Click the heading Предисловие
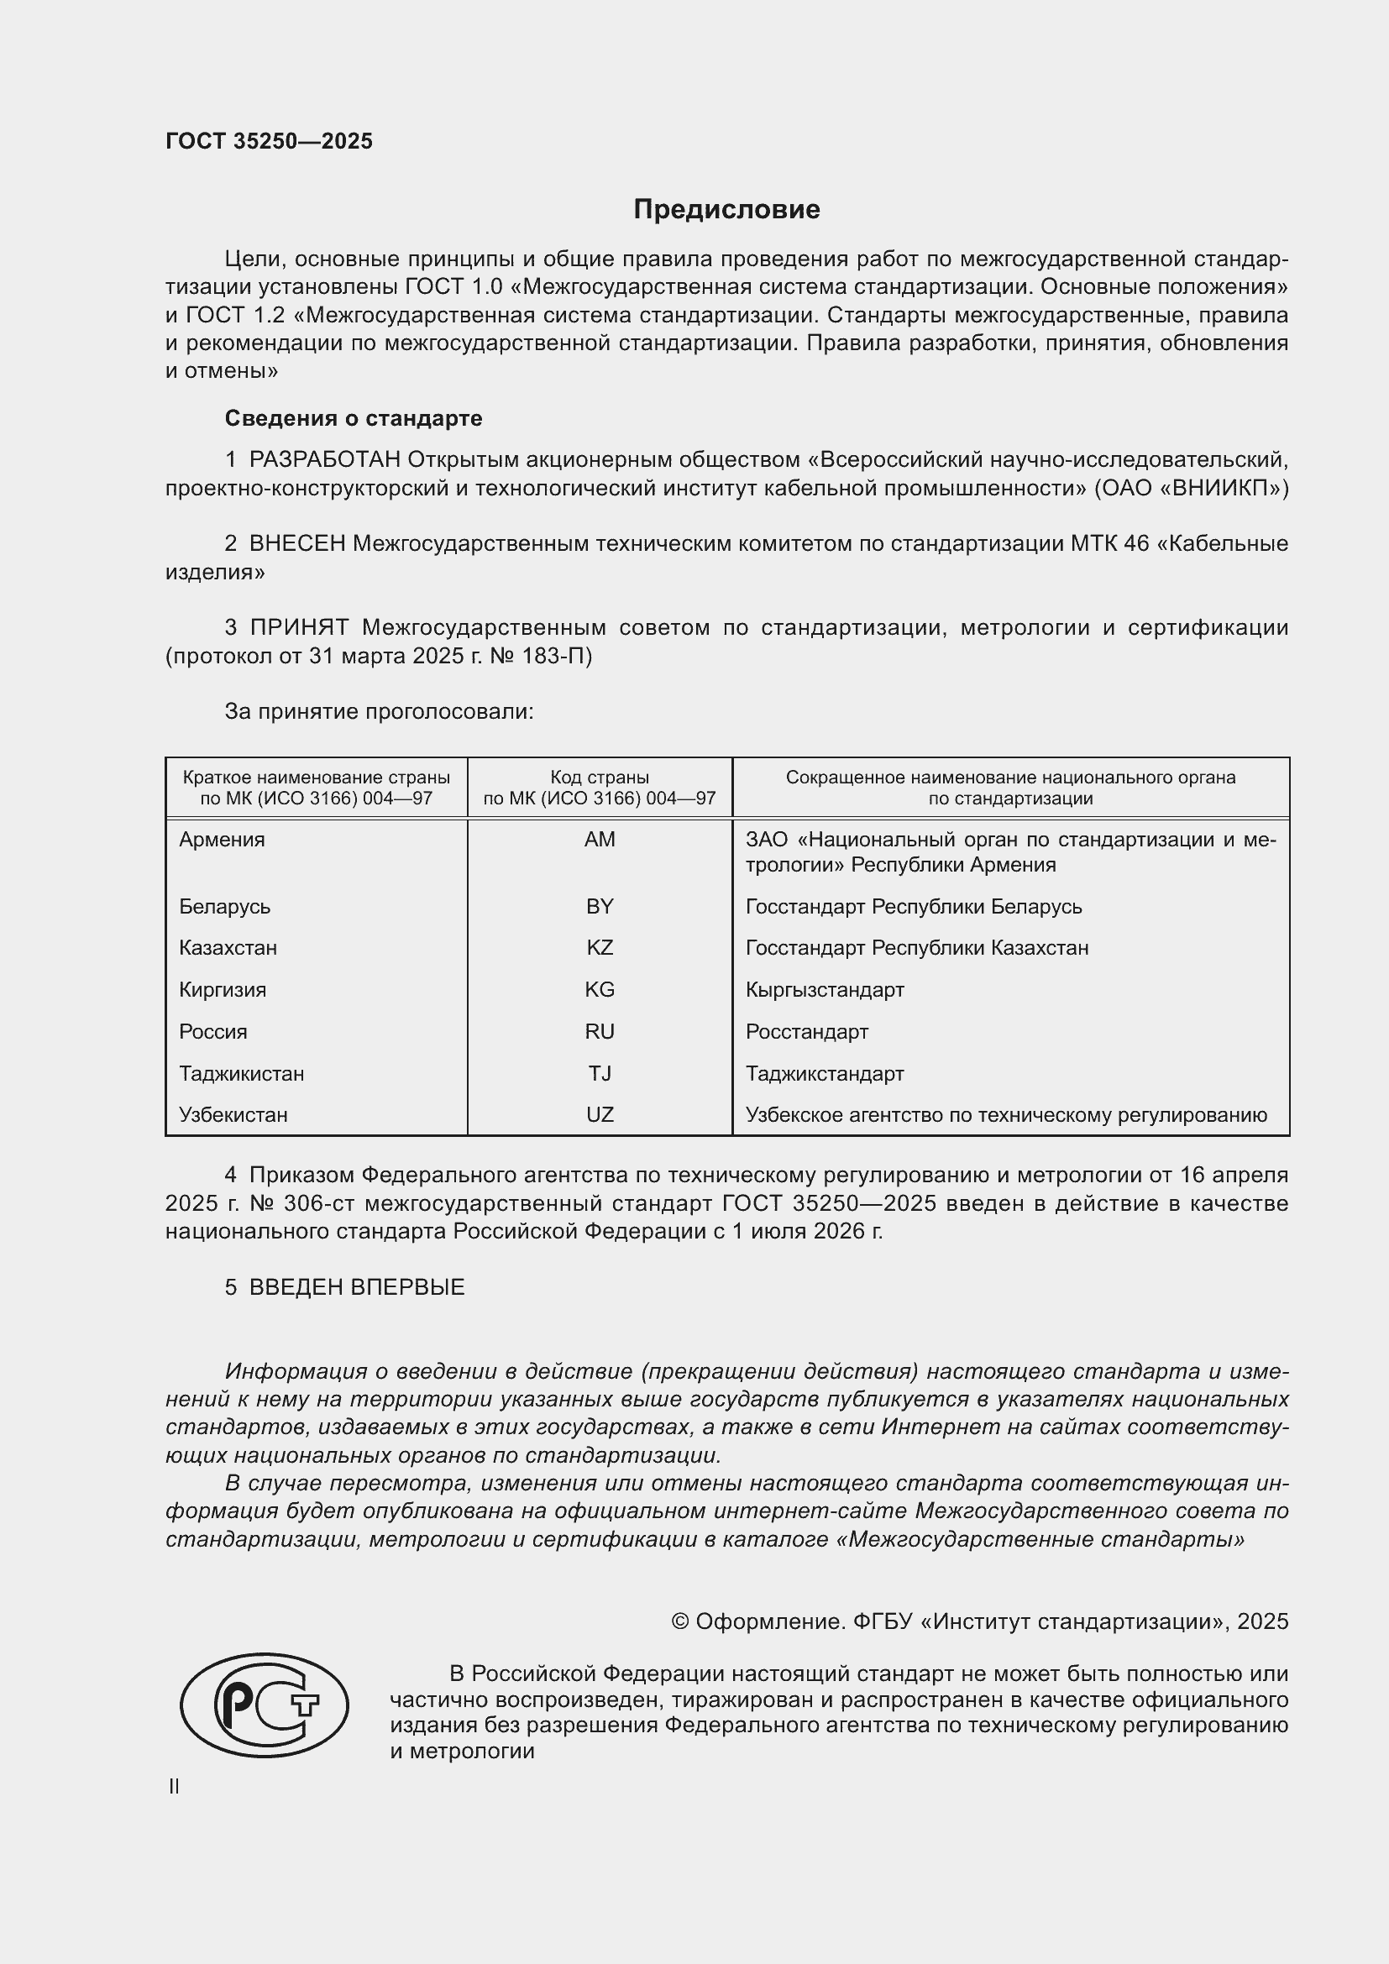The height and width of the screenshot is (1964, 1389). [726, 210]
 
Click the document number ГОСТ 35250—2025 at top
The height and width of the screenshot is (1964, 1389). [270, 142]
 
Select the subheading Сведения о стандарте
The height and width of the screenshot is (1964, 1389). [354, 418]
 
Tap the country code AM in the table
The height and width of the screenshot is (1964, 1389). [600, 840]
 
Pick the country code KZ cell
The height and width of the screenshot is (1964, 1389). [600, 948]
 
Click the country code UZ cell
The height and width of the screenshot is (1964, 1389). [600, 1115]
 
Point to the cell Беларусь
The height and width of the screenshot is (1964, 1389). [224, 907]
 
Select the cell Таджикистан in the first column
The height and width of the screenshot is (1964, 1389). [241, 1074]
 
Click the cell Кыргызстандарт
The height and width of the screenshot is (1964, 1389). [825, 991]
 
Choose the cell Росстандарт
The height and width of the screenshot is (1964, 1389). [806, 1033]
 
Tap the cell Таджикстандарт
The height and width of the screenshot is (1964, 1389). [825, 1074]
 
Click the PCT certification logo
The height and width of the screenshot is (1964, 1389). [265, 1705]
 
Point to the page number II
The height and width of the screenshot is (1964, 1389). [174, 1786]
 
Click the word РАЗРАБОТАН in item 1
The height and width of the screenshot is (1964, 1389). [325, 460]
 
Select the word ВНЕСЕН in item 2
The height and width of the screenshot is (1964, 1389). [297, 544]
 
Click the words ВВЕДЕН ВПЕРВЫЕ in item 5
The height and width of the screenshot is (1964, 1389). [357, 1287]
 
